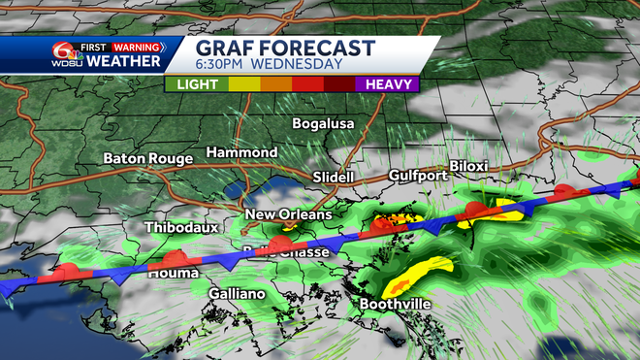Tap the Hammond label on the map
coord(241,152)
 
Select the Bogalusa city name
coord(325,124)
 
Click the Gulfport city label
coord(414,176)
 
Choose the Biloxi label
coord(468,167)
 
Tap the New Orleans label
coord(288,214)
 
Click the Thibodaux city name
coord(176,227)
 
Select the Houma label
coord(169,274)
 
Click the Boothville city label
coord(394,304)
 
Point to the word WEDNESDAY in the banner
coord(298,65)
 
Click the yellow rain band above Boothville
coord(418,274)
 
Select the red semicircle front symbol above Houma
coord(173,258)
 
